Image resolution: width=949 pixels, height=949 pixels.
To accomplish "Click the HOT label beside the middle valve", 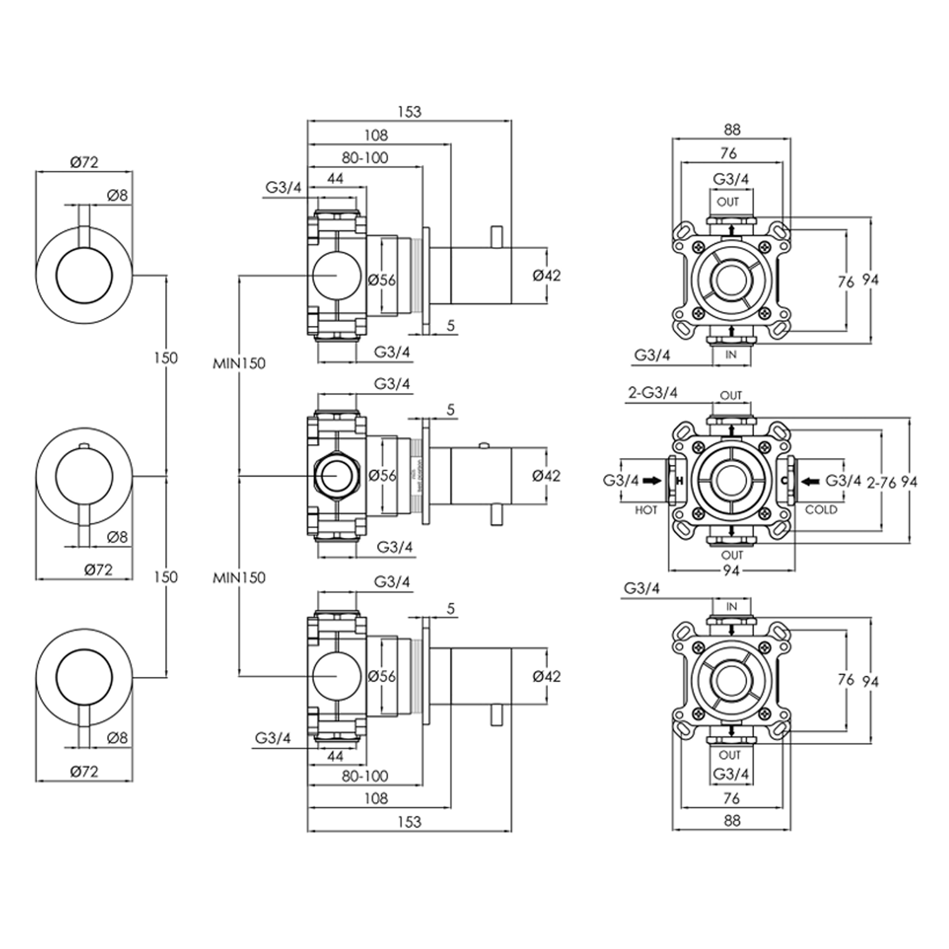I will (x=645, y=510).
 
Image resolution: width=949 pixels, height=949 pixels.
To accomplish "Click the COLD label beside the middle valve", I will (x=821, y=510).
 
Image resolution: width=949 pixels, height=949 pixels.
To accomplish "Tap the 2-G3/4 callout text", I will (x=652, y=393).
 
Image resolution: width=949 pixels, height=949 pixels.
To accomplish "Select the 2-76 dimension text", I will (x=881, y=483).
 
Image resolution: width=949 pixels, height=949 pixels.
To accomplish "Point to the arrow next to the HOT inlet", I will (x=651, y=481).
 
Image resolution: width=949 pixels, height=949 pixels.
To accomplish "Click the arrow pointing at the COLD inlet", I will (x=810, y=481).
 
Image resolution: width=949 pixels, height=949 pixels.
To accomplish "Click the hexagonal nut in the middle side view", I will (x=337, y=476).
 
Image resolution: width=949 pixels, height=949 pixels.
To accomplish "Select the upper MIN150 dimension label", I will (x=239, y=363).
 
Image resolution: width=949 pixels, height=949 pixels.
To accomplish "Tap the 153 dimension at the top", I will (x=409, y=112).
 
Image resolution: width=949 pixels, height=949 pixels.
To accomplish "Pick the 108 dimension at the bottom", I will (x=376, y=798).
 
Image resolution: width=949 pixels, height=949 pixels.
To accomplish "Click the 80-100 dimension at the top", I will (x=365, y=158).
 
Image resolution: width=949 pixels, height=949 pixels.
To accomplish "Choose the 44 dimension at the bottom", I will (x=335, y=755).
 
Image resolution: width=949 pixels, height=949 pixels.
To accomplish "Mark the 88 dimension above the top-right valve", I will (x=731, y=130).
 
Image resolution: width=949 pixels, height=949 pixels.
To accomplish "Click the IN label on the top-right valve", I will (x=731, y=355).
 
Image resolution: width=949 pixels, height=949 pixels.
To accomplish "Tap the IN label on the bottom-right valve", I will (x=731, y=607).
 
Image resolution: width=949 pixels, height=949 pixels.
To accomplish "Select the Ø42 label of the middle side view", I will (x=546, y=476).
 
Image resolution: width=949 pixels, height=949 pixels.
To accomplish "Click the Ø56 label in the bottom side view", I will (x=382, y=676).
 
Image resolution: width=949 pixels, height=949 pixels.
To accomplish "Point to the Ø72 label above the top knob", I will (x=84, y=162).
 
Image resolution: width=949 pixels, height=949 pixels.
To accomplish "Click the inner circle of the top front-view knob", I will (x=84, y=275).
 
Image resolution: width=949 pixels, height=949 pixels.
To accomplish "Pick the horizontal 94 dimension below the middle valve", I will (x=731, y=571).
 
